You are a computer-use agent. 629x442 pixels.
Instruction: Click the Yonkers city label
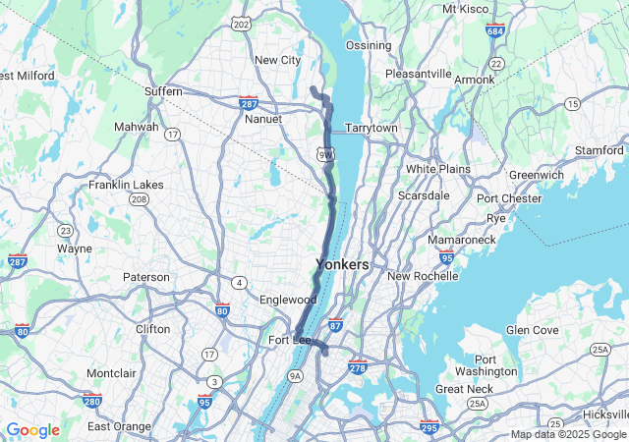[342, 264]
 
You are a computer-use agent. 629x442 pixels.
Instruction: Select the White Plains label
[438, 169]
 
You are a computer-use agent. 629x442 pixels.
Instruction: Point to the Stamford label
[600, 150]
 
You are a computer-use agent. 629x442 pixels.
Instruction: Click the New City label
[277, 60]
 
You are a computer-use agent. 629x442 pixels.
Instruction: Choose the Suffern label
[163, 91]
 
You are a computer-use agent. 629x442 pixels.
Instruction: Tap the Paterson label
[145, 277]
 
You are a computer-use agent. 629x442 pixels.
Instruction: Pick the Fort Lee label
[289, 341]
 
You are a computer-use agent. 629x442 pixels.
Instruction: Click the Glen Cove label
[532, 329]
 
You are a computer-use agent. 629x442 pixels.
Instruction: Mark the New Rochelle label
[423, 276]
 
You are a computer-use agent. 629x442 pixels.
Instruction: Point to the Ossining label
[368, 46]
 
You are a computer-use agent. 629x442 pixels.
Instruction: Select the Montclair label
[111, 373]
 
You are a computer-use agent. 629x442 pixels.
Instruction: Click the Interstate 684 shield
[495, 29]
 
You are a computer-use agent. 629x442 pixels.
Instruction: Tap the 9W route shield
[326, 154]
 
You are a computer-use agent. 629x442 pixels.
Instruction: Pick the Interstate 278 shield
[359, 366]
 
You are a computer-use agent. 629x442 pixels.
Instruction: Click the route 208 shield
[139, 199]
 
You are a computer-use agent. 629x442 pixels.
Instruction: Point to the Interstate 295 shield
[429, 427]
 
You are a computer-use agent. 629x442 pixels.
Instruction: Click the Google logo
[32, 430]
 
